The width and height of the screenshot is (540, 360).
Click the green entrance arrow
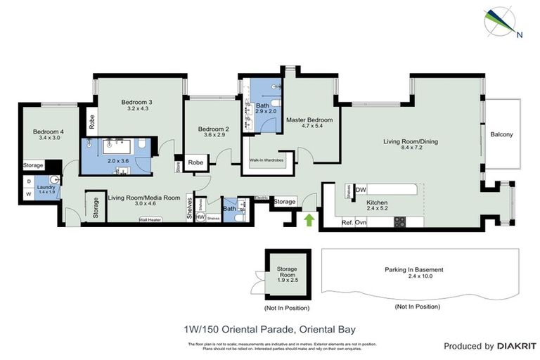pyautogui.click(x=308, y=220)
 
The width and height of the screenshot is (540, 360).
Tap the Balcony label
pyautogui.click(x=501, y=135)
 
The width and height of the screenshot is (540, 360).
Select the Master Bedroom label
pyautogui.click(x=309, y=120)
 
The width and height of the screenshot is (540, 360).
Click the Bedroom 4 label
pyautogui.click(x=48, y=131)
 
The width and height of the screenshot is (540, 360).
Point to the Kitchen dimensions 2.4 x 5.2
pyautogui.click(x=376, y=208)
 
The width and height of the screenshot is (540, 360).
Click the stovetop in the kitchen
pyautogui.click(x=399, y=221)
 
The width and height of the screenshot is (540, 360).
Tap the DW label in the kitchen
pyautogui.click(x=361, y=189)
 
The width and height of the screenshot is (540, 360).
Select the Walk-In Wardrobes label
pyautogui.click(x=266, y=161)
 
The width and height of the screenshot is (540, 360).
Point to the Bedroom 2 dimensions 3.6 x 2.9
pyautogui.click(x=214, y=135)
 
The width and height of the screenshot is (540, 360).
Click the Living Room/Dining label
pyautogui.click(x=410, y=142)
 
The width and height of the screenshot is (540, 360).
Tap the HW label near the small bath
pyautogui.click(x=200, y=218)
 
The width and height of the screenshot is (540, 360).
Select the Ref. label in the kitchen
pyautogui.click(x=347, y=222)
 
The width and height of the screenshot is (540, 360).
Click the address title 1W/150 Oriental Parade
pyautogui.click(x=271, y=328)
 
